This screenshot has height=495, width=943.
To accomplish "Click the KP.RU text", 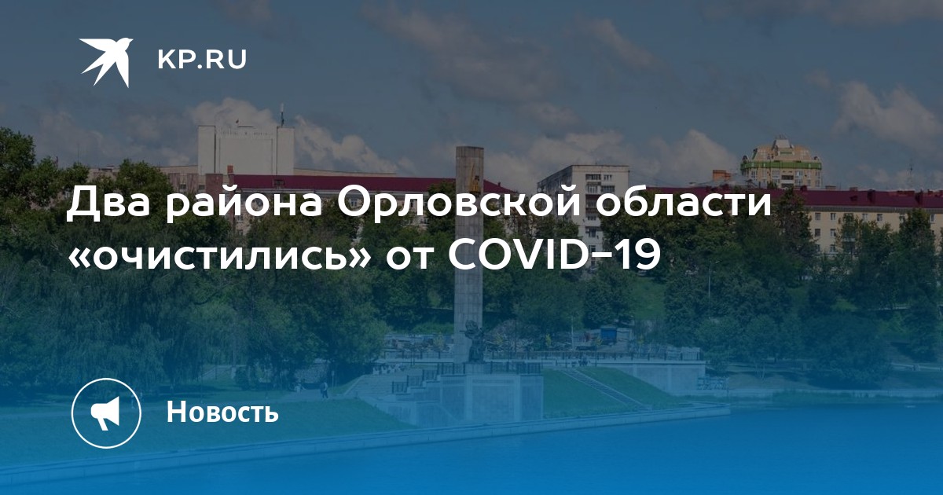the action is pos(202,60).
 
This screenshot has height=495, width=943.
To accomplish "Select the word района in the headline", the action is pos(244,206).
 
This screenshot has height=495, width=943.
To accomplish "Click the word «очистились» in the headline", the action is pos(219,255).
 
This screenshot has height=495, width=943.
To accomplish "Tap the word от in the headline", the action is pos(409,256).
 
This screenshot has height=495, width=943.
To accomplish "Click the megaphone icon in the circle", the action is pos(106,412).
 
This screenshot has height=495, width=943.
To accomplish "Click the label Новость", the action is pos(222,411).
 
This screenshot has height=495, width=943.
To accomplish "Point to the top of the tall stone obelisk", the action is pos(469,148).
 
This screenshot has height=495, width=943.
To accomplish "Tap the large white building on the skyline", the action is pos(246,150).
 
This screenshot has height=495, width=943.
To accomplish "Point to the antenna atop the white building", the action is pos(282,115).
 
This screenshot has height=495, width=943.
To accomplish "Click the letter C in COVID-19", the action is pos(462,255).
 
